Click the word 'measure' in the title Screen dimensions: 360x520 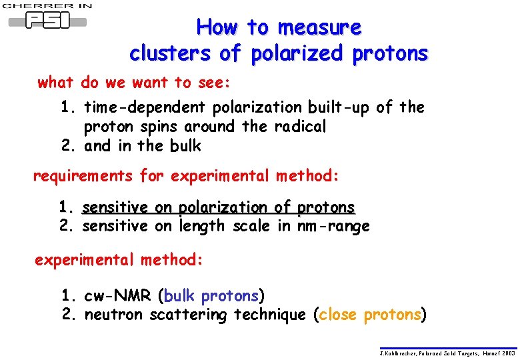coord(319,27)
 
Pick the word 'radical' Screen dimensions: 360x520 coord(296,126)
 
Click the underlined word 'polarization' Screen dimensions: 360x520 coord(219,208)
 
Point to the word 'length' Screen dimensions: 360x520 coord(203,227)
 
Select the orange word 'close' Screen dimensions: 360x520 coord(338,315)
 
